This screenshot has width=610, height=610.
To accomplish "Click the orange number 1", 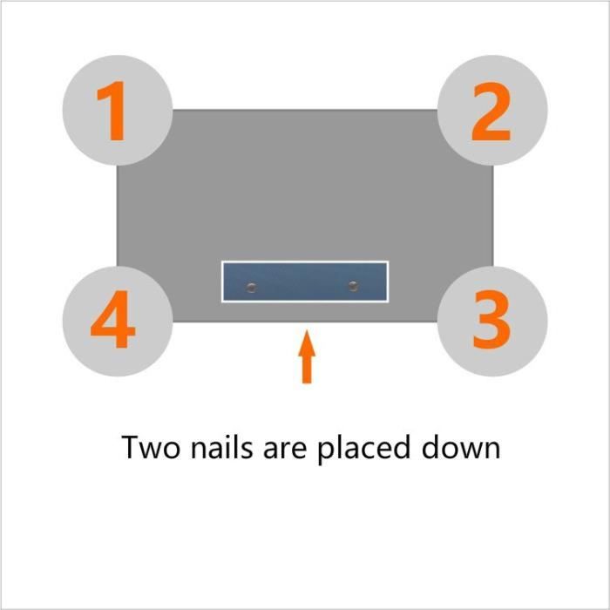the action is [113, 111].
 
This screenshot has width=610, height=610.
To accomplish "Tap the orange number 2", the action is [491, 112].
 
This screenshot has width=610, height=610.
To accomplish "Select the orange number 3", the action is [491, 319].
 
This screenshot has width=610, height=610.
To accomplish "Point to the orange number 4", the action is [112, 319].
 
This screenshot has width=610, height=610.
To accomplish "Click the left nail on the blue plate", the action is [252, 288].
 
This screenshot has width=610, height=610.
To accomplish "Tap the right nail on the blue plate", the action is [353, 287].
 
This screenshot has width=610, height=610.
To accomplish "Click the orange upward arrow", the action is [307, 356].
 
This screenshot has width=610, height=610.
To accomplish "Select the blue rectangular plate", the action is [305, 281].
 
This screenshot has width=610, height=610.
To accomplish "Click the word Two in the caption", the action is [151, 447].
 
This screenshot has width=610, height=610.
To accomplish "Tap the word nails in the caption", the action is [221, 446].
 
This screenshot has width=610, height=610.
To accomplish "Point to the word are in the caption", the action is [285, 451].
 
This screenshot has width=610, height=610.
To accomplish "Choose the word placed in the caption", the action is [364, 449].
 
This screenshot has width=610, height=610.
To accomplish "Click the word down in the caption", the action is [461, 446].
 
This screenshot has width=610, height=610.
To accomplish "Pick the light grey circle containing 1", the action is [118, 111].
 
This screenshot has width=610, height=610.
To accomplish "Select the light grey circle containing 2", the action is [492, 111].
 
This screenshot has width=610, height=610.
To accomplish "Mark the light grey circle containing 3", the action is [492, 322].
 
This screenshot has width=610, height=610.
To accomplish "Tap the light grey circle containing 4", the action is [118, 322].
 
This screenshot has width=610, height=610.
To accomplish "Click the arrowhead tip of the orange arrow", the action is [307, 330].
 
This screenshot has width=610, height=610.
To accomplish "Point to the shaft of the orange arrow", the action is [307, 369].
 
